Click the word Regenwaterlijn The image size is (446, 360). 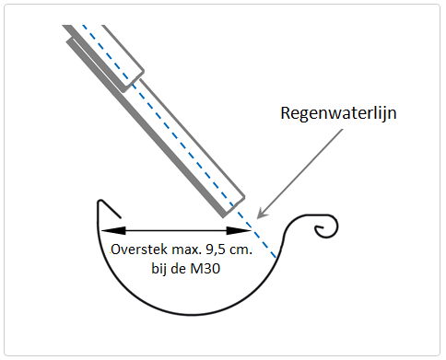(338, 114)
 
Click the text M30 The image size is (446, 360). (205, 269)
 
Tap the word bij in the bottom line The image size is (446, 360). (159, 269)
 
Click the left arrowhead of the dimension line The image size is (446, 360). (113, 230)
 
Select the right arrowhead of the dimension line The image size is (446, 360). (239, 230)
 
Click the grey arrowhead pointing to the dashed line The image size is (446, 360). (261, 214)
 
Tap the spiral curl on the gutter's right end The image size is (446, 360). (325, 227)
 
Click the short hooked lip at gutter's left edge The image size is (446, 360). (108, 208)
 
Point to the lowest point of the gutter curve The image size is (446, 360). (192, 314)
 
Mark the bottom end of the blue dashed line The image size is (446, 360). (276, 257)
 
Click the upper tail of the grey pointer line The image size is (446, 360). (342, 130)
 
